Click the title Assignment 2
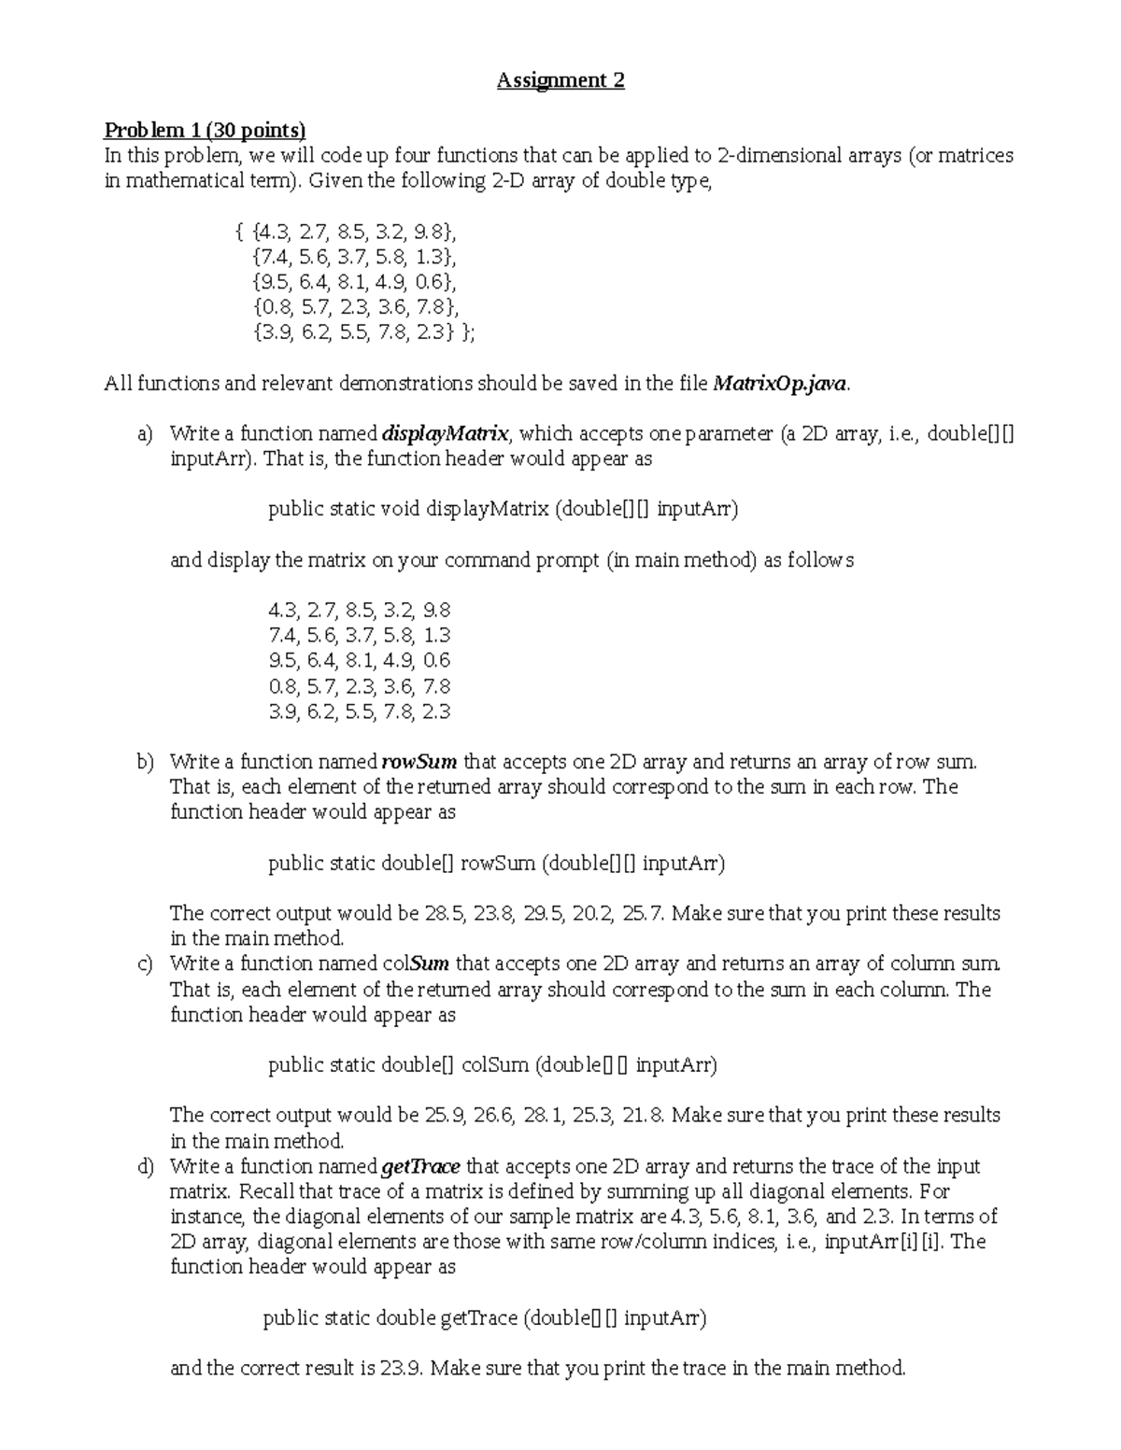pos(560,80)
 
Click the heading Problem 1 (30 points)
pos(205,130)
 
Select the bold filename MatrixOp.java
pos(781,383)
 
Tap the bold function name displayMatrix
pos(446,433)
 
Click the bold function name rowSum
pos(419,762)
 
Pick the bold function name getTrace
pos(421,1166)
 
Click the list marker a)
pos(144,434)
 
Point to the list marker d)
pos(144,1166)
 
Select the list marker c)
pos(144,964)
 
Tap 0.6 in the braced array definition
pos(429,282)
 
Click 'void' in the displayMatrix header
pos(402,509)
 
